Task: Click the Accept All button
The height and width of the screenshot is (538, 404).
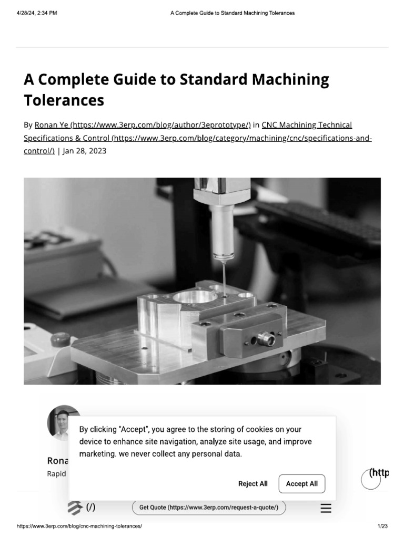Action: pyautogui.click(x=301, y=484)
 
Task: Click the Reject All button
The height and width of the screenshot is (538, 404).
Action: pyautogui.click(x=252, y=484)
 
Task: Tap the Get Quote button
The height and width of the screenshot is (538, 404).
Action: pyautogui.click(x=209, y=508)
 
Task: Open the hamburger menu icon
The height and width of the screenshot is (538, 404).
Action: pyautogui.click(x=326, y=508)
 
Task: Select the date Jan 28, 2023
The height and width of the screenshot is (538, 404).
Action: pyautogui.click(x=84, y=150)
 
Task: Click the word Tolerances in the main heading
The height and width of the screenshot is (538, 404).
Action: pyautogui.click(x=64, y=100)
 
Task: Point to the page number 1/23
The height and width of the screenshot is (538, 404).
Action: pyautogui.click(x=382, y=526)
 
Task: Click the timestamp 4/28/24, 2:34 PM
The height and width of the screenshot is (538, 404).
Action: pyautogui.click(x=36, y=13)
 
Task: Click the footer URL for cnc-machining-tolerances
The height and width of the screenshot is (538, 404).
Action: pyautogui.click(x=79, y=526)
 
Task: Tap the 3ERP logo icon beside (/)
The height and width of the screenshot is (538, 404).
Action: pyautogui.click(x=75, y=508)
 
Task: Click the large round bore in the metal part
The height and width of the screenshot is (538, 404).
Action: pyautogui.click(x=195, y=297)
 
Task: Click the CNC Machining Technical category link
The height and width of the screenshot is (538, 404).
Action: pyautogui.click(x=307, y=125)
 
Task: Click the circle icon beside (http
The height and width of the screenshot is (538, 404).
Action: pyautogui.click(x=370, y=480)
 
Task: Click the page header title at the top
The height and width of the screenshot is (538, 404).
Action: pyautogui.click(x=232, y=13)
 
